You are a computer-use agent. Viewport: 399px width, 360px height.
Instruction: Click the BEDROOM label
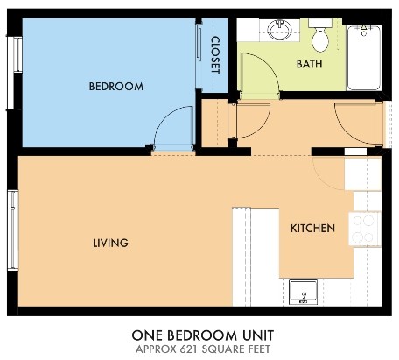click(115, 86)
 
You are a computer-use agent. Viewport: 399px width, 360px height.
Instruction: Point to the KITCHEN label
click(312, 228)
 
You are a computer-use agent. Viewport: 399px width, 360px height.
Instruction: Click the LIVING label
click(111, 243)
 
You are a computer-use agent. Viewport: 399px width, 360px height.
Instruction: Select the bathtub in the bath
click(363, 57)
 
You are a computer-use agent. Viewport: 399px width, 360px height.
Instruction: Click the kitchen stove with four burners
click(363, 228)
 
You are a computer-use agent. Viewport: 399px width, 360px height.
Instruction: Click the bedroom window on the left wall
click(15, 63)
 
